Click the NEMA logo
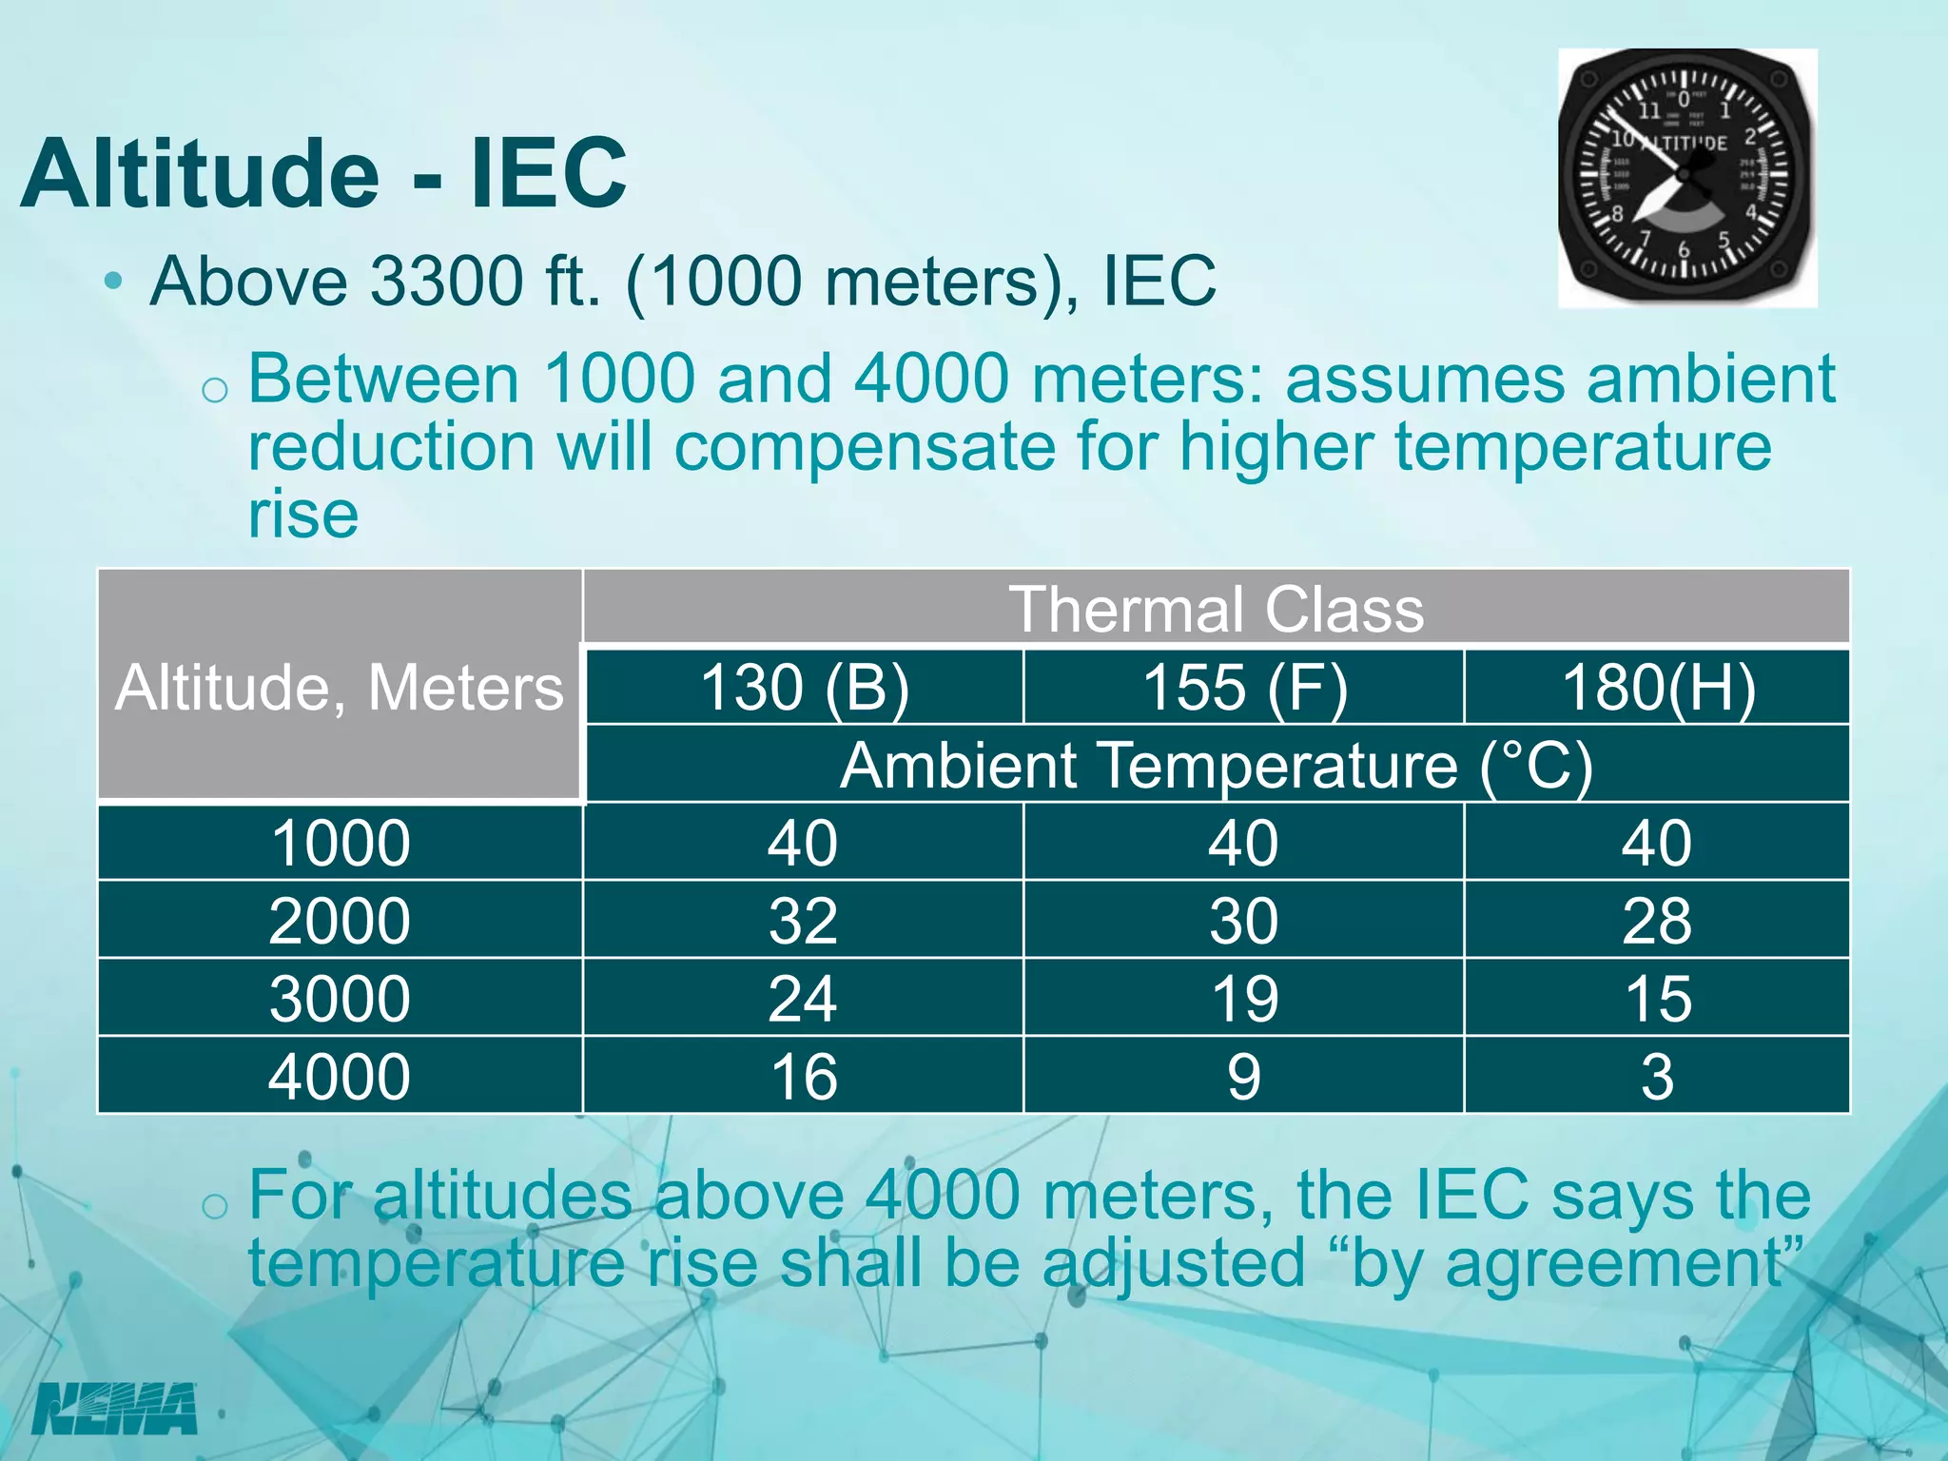(115, 1410)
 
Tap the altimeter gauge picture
(1686, 178)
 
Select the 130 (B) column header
(804, 687)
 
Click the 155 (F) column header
(1244, 687)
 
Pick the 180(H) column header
(1657, 687)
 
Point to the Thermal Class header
(1216, 609)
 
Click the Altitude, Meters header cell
(340, 687)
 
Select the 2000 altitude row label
(340, 921)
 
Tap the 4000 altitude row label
(340, 1077)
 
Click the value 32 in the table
(804, 921)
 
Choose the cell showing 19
(1244, 999)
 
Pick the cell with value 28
(1657, 921)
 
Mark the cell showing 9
(1244, 1077)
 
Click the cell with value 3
(1657, 1077)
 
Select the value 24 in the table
(804, 999)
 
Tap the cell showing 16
(804, 1077)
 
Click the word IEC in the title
(549, 173)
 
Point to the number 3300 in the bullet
(446, 281)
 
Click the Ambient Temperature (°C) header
(1216, 765)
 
